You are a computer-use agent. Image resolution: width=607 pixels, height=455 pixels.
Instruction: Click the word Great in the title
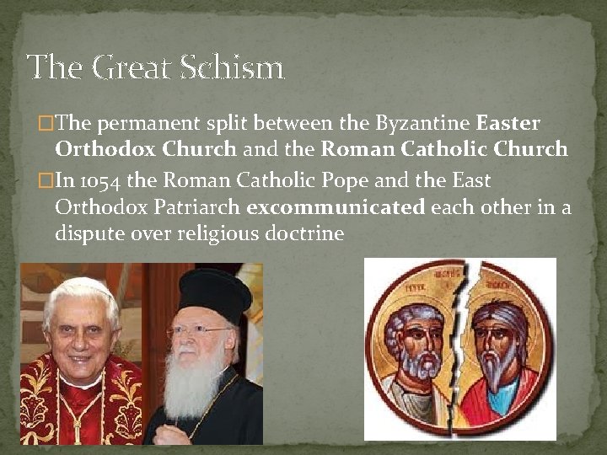(x=130, y=67)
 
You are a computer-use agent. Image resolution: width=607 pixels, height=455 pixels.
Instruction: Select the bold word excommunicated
(x=336, y=207)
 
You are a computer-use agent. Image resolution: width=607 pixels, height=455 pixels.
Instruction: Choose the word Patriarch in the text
(x=196, y=207)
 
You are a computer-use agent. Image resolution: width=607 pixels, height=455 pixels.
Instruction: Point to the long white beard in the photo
(x=195, y=384)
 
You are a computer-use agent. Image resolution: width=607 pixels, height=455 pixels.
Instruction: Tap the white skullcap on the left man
(x=80, y=282)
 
